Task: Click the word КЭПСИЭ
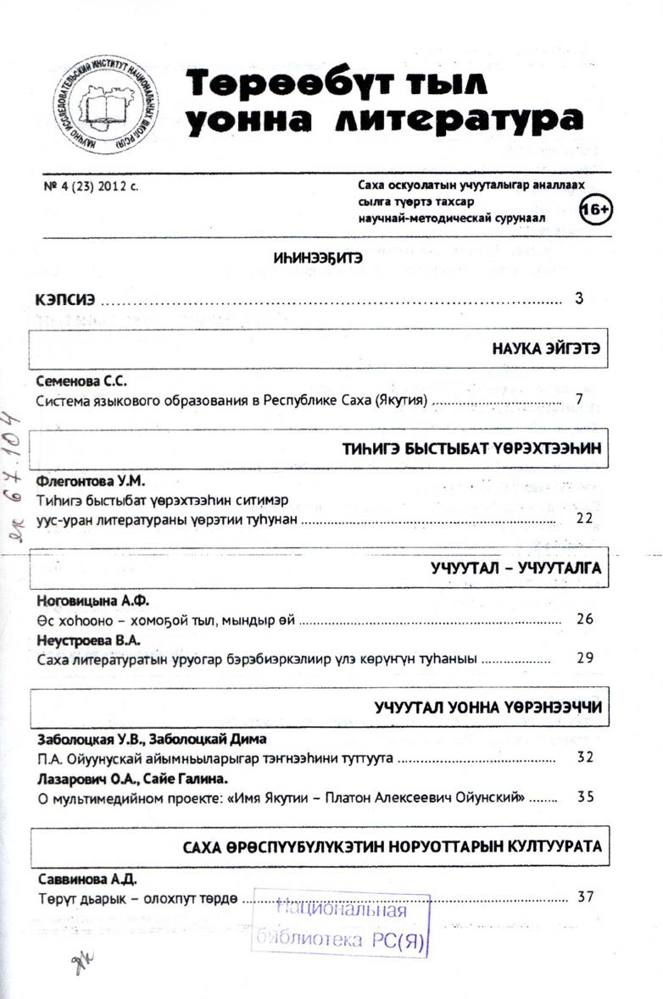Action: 64,299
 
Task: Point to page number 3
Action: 579,298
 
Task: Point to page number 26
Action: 584,619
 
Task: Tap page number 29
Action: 584,657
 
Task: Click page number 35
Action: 584,796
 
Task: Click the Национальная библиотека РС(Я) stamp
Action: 341,926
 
